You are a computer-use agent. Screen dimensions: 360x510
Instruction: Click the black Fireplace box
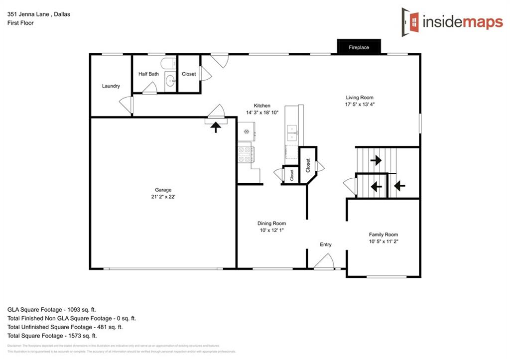pos(359,47)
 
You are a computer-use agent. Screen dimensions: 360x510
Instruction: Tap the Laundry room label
pos(111,86)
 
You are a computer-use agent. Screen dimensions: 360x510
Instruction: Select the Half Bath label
pos(148,74)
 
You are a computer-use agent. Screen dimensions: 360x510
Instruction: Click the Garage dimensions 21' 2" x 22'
pos(163,197)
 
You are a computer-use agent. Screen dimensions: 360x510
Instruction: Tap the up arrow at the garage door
pos(216,127)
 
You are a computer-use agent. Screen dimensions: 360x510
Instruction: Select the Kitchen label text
pos(262,106)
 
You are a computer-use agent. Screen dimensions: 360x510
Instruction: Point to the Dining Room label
pos(271,224)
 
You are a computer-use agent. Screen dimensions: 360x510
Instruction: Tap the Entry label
pos(325,244)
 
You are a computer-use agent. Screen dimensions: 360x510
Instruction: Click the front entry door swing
pos(325,261)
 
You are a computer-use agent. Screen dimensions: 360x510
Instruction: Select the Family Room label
pos(383,235)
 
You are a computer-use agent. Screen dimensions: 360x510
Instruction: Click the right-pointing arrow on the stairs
pos(376,160)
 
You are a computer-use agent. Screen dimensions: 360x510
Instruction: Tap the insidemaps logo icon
pos(411,20)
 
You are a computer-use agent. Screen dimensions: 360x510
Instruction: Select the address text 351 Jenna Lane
pos(28,14)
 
